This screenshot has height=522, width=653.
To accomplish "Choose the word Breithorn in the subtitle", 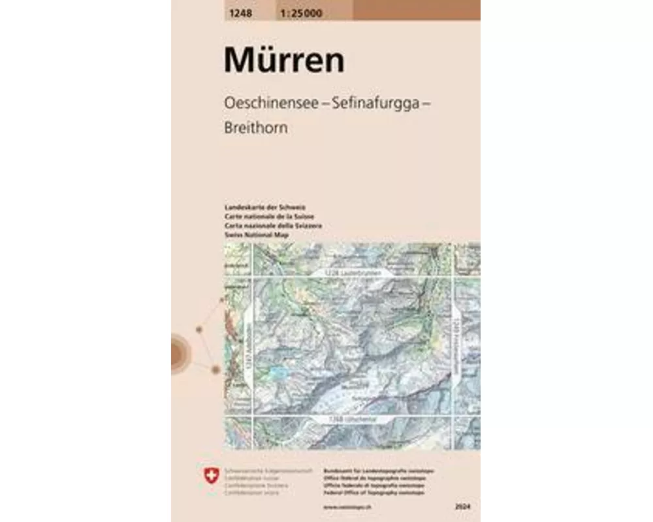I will (256, 129).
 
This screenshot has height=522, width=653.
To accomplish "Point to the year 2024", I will (465, 506).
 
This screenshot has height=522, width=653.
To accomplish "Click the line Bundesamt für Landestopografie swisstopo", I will (379, 470).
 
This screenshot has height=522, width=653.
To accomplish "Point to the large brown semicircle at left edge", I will (179, 352).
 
